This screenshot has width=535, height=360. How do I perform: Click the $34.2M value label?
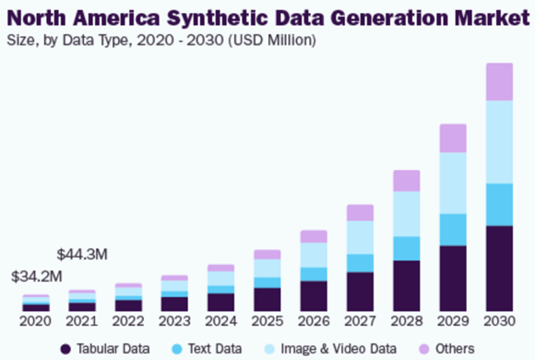37,276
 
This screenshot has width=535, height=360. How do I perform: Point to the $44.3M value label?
82,255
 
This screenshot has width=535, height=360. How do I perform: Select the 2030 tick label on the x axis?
500,321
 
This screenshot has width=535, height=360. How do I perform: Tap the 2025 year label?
267,321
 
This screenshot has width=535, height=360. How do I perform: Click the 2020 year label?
35,321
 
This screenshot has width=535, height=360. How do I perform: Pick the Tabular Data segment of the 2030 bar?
500,269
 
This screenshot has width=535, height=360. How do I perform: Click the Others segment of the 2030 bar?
500,81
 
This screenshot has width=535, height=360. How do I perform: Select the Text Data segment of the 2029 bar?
453,230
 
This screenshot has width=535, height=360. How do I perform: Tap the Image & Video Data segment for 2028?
407,214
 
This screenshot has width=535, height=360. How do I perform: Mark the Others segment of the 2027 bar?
361,212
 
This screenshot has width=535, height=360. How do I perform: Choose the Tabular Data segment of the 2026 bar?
314,296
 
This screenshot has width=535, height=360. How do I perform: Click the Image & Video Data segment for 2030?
500,142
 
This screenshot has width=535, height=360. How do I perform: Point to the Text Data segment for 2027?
361,263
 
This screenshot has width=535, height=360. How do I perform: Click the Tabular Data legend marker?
65,349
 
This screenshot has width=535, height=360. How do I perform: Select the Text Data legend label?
215,349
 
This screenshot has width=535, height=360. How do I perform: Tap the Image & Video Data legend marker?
269,349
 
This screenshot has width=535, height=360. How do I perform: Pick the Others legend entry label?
455,349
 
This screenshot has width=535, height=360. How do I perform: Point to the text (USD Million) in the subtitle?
272,41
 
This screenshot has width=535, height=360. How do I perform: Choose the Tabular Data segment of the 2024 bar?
221,302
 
